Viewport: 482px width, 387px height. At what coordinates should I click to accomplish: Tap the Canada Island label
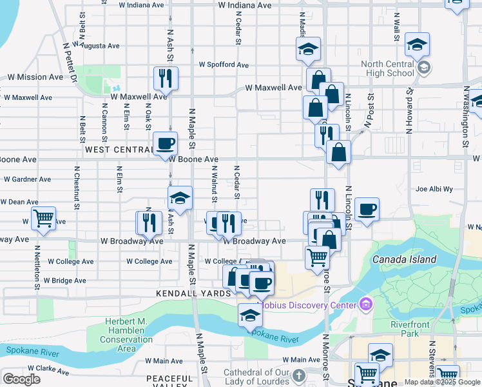[404, 259]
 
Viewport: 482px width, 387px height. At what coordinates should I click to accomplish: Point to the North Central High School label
[387, 68]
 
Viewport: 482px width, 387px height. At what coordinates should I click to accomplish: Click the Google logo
[21, 379]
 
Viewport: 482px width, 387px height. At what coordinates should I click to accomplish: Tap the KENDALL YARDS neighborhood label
[193, 293]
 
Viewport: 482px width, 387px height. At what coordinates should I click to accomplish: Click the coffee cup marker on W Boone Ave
[165, 143]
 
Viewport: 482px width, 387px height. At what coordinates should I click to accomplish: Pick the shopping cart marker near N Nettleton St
[43, 219]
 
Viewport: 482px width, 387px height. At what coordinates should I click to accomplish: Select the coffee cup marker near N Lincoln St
[366, 210]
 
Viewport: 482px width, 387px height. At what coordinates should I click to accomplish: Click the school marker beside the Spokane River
[250, 315]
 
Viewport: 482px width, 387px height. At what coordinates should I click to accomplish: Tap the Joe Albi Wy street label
[434, 190]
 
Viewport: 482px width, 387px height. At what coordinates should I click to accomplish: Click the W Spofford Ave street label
[224, 65]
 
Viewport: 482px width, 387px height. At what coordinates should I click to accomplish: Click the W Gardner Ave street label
[28, 179]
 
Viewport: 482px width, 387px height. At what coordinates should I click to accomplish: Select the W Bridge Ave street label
[65, 281]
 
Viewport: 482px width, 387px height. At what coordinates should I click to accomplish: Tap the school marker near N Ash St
[180, 198]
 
